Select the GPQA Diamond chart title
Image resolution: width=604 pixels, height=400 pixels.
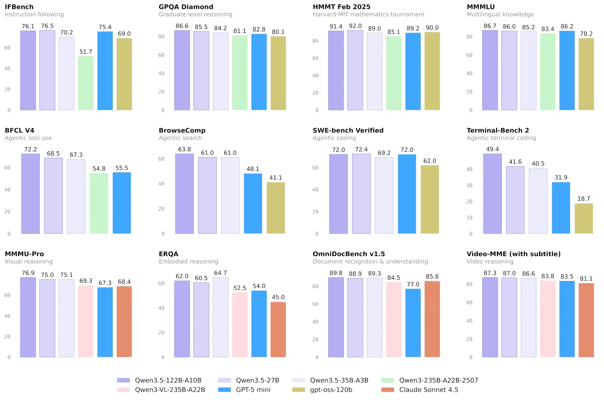186,7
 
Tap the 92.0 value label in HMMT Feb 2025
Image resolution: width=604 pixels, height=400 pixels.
355,26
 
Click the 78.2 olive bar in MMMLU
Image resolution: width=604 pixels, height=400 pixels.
586,74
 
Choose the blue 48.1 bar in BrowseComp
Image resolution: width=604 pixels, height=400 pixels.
253,203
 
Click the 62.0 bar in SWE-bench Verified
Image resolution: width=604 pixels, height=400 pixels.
430,199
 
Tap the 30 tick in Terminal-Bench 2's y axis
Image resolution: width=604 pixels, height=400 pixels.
469,186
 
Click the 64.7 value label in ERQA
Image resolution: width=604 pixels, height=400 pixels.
220,273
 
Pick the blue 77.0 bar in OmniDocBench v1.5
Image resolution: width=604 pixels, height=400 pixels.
413,323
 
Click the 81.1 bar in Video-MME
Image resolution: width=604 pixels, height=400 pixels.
586,320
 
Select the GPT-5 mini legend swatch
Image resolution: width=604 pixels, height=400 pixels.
224,390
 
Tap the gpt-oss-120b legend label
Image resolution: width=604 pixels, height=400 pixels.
331,390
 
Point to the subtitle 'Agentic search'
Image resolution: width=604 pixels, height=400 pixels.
180,138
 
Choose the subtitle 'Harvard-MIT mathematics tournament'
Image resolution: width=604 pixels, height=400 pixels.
368,15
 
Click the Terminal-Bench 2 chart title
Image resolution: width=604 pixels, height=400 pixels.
498,130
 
